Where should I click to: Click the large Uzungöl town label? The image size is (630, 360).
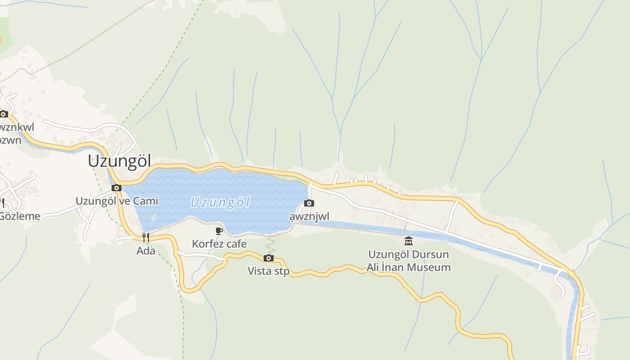pyautogui.click(x=119, y=161)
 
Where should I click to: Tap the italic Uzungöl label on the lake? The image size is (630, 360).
pyautogui.click(x=220, y=202)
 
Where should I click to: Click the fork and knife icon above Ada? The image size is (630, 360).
pyautogui.click(x=146, y=238)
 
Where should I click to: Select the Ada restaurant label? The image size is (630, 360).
pyautogui.click(x=146, y=251)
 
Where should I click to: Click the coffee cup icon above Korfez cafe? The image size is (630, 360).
pyautogui.click(x=219, y=231)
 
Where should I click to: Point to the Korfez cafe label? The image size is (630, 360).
pyautogui.click(x=219, y=244)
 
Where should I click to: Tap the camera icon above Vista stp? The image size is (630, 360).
pyautogui.click(x=269, y=258)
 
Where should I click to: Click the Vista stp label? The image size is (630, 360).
pyautogui.click(x=269, y=271)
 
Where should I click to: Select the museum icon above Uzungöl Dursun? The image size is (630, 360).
pyautogui.click(x=408, y=241)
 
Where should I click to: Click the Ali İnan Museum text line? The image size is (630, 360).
pyautogui.click(x=408, y=267)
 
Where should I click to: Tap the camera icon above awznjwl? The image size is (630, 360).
pyautogui.click(x=309, y=203)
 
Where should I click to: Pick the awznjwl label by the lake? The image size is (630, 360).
pyautogui.click(x=309, y=216)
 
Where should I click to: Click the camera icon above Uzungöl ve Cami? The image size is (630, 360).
pyautogui.click(x=117, y=188)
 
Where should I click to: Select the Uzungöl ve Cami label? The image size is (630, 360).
pyautogui.click(x=117, y=201)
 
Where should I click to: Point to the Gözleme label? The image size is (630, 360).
pyautogui.click(x=20, y=216)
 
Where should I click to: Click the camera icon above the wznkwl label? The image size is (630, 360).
pyautogui.click(x=4, y=114)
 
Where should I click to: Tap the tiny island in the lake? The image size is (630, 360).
pyautogui.click(x=154, y=217)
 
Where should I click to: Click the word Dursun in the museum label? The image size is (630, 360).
pyautogui.click(x=432, y=254)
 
